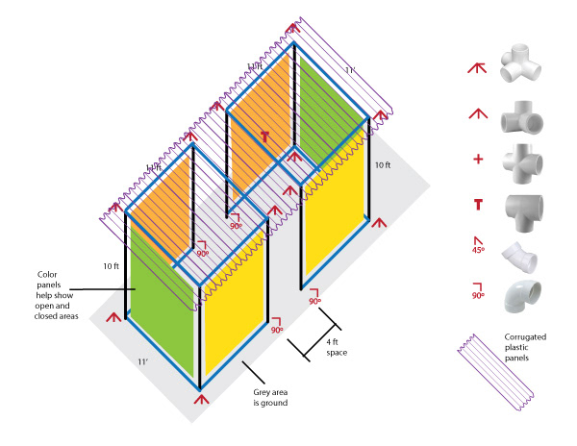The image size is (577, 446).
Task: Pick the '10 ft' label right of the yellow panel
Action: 382,166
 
